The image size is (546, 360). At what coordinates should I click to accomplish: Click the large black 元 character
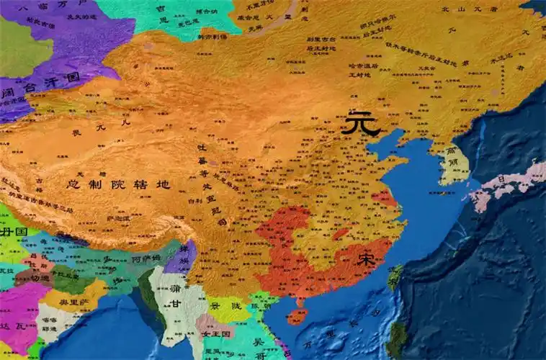360,123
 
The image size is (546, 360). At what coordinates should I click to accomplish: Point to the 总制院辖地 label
118,184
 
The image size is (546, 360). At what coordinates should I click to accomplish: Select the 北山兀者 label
476,9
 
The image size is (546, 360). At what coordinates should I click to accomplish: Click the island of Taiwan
395,278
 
